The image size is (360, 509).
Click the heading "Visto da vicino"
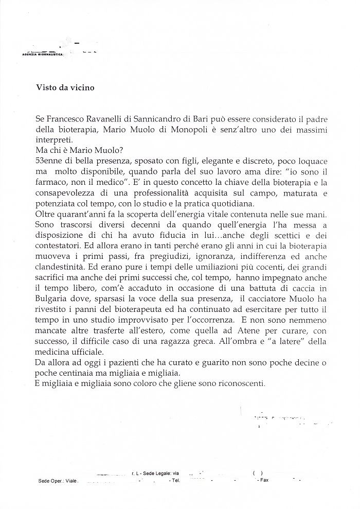point(65,87)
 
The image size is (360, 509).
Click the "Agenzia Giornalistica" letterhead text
point(41,54)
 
